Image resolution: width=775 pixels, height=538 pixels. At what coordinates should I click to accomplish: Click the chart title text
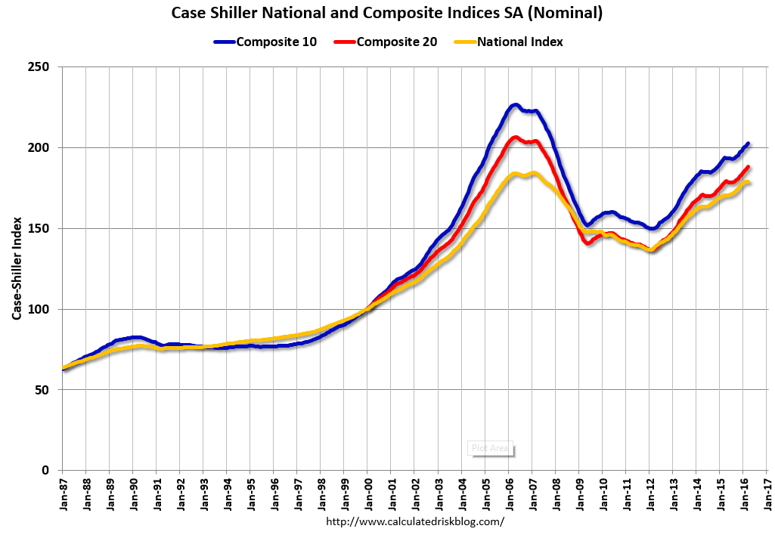387,13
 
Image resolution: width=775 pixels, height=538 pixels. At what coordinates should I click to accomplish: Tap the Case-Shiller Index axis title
16,269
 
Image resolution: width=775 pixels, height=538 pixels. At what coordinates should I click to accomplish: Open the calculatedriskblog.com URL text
414,522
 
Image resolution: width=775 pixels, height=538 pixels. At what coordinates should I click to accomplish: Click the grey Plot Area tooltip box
490,448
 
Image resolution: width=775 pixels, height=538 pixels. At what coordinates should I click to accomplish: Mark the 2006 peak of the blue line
515,105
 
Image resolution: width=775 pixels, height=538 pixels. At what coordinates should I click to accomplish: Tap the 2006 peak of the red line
516,138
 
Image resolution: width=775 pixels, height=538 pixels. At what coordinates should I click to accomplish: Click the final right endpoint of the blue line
748,143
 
